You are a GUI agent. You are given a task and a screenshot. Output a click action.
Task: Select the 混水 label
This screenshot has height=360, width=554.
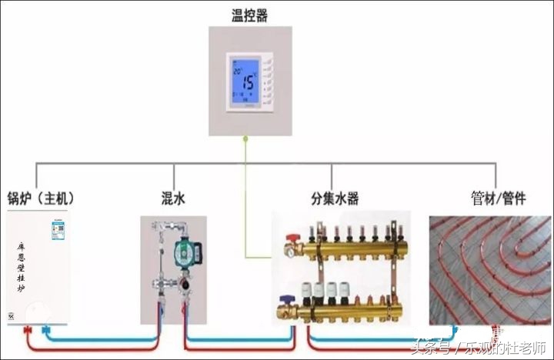click(x=174, y=198)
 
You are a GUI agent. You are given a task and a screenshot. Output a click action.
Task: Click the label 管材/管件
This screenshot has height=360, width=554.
click(x=499, y=198)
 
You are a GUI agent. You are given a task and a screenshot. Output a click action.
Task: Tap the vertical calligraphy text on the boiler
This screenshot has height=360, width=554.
click(x=22, y=267)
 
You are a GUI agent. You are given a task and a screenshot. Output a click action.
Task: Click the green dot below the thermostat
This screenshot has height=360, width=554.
click(x=245, y=139)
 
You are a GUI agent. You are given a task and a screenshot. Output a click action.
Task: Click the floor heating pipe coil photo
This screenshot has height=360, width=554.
click(x=490, y=269)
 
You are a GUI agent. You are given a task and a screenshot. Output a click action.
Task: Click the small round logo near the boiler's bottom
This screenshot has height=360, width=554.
click(x=11, y=316)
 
